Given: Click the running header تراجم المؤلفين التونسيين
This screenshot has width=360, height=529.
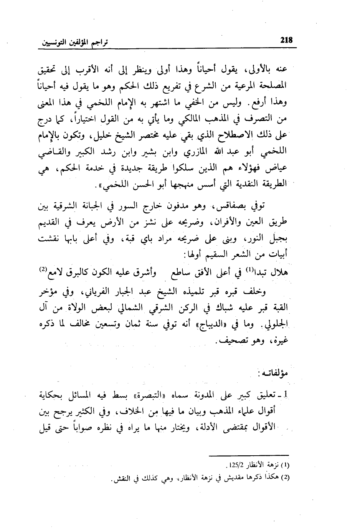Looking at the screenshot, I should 73,41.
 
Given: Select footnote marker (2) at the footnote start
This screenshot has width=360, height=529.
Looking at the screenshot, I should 285,478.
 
